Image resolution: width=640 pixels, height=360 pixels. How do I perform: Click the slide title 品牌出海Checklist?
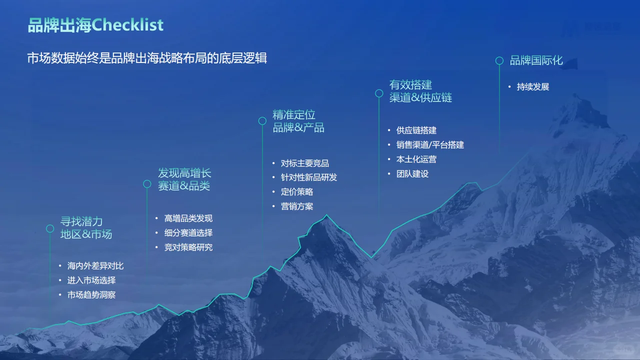coord(95,24)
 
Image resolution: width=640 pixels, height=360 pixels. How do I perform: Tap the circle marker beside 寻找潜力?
coord(50,228)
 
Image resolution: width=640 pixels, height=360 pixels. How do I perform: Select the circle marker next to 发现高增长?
coord(147,184)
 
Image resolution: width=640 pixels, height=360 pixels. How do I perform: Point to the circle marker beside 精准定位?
coord(262,121)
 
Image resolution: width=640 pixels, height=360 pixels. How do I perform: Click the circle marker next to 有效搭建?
coord(379,93)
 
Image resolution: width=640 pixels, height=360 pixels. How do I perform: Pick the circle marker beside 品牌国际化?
coord(499,60)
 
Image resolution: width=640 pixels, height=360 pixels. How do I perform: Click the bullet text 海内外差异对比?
coord(95,265)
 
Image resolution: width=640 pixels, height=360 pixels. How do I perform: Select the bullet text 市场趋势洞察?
coord(91,294)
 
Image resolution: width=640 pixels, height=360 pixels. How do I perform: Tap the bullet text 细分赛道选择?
coord(188,232)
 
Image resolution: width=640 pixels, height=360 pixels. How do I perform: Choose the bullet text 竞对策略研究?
coord(188,247)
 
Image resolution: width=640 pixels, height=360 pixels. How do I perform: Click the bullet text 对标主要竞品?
coord(304,163)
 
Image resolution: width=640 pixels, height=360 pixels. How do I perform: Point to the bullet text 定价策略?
coord(296,191)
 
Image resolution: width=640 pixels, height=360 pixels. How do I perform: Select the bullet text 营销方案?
coord(296,206)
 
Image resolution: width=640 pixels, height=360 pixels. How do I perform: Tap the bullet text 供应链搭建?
coord(416,130)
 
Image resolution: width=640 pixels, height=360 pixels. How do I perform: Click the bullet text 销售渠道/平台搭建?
coord(430,144)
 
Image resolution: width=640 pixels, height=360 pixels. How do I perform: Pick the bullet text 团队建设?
coord(412,173)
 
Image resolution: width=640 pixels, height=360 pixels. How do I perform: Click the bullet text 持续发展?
coord(532,86)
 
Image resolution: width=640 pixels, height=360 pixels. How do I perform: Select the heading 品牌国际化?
coord(536,60)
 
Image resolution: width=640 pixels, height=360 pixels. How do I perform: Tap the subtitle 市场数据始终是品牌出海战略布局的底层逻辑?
coord(147,58)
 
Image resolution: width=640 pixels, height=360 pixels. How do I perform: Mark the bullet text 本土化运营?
coord(416,159)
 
